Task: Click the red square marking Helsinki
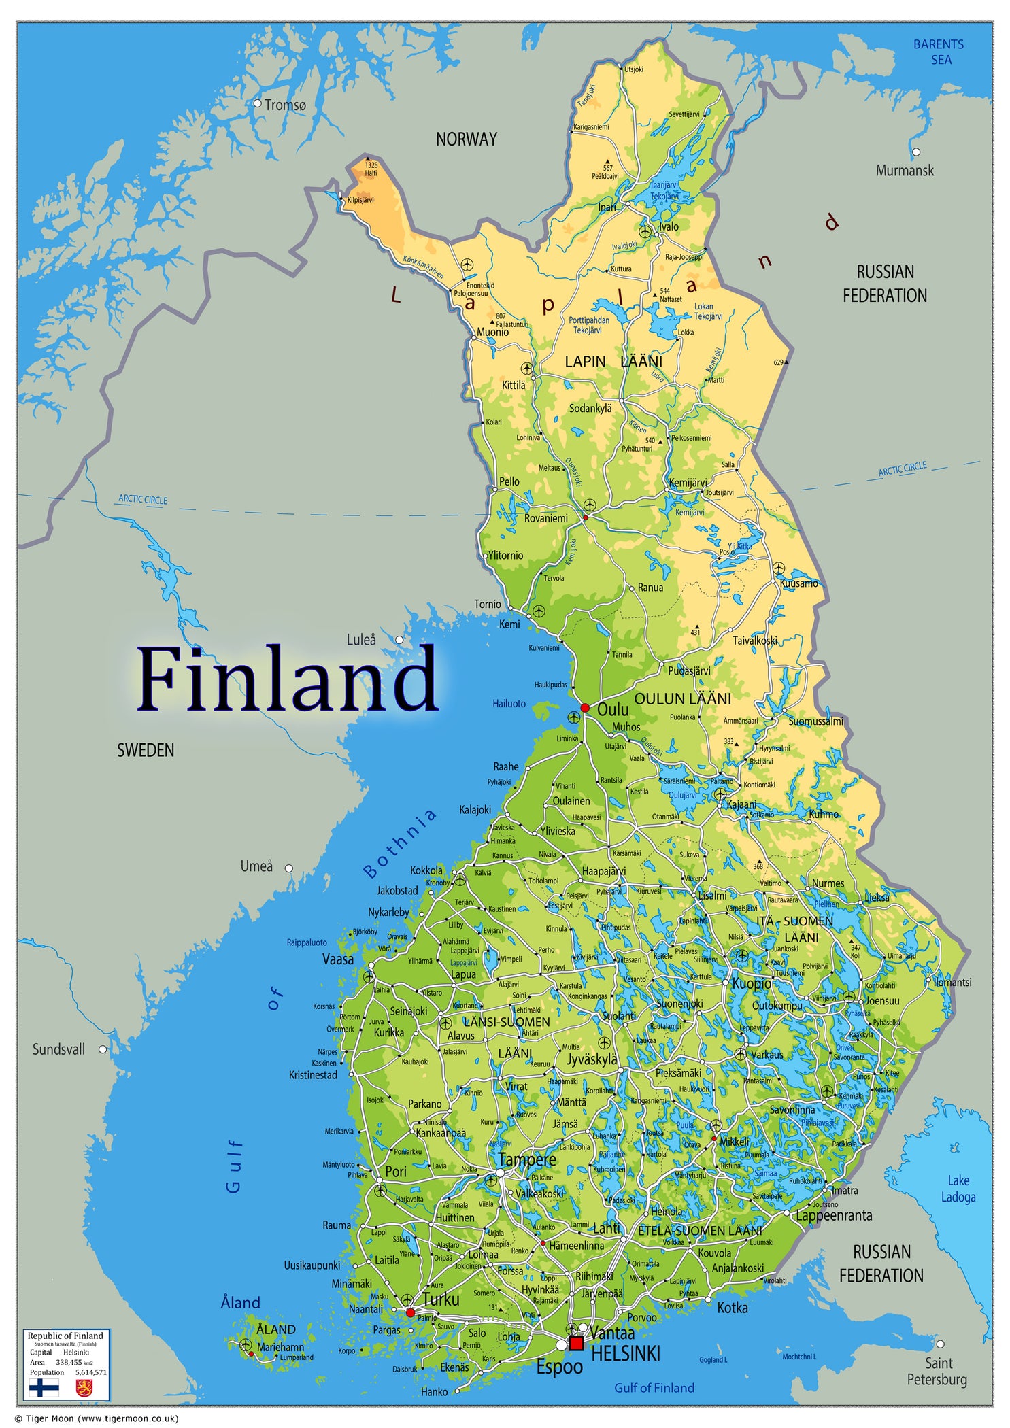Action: coord(576,1343)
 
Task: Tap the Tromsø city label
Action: coord(285,105)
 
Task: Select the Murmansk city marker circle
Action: coord(915,152)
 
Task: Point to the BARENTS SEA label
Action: coord(939,52)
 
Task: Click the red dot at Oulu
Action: coord(584,708)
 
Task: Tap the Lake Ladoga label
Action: coord(958,1189)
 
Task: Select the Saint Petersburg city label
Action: coord(937,1371)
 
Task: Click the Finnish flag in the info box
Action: coord(44,1387)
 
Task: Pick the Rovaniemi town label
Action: coord(545,518)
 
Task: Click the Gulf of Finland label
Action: coord(654,1388)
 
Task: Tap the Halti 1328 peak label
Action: coord(371,169)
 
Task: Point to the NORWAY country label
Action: coord(466,139)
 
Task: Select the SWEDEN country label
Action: coord(146,750)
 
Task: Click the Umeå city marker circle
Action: coord(288,868)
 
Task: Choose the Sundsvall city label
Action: coord(59,1049)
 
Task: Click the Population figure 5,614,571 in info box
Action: coord(91,1372)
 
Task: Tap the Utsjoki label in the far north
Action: coord(633,69)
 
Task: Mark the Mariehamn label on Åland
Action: coord(280,1347)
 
